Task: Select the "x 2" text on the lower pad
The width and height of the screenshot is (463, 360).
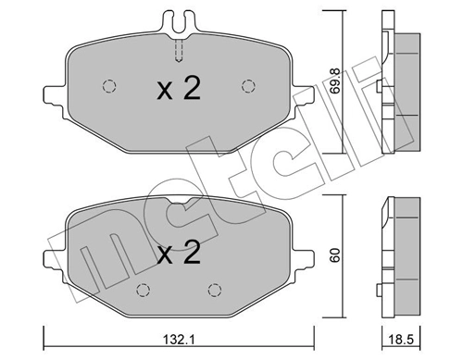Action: (178, 253)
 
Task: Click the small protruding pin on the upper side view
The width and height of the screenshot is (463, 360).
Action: (381, 88)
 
